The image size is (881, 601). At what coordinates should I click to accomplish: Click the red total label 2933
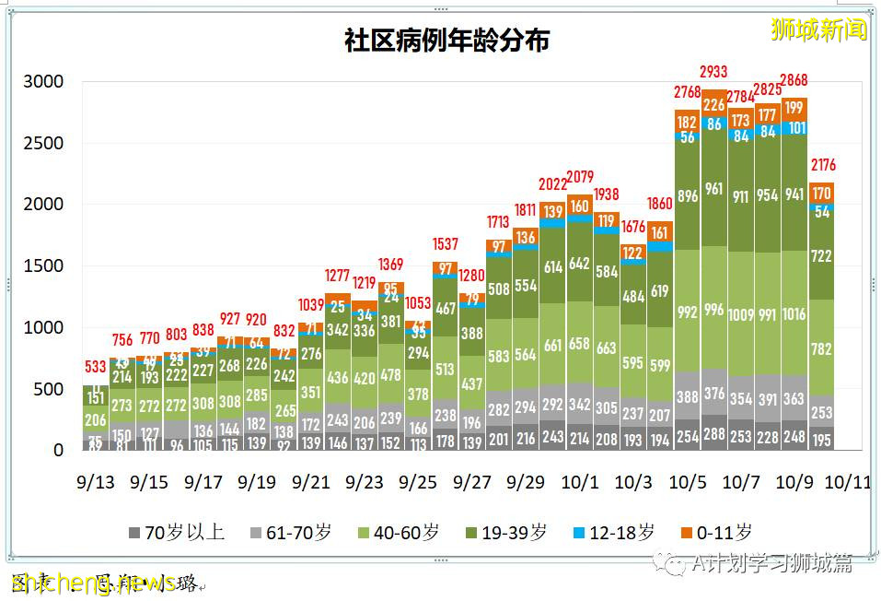coord(714,71)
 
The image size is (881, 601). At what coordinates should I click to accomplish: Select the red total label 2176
coord(822,165)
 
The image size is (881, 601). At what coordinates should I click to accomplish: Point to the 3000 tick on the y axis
coord(43,82)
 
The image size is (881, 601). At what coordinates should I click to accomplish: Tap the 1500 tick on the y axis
coord(43,266)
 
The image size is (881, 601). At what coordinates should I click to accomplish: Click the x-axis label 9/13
coord(95,482)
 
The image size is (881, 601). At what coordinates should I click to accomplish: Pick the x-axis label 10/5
coord(687,482)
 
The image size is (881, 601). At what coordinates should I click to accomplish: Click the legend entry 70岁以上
coord(184,533)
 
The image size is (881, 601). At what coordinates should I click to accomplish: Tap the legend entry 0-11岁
coord(719,533)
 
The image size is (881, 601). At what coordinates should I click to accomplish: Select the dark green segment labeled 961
coord(714,189)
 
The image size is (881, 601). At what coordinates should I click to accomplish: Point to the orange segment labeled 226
coord(714,104)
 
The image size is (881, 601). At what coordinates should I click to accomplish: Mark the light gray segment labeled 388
coord(688,396)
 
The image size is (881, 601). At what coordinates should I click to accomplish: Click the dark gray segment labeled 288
coord(714,432)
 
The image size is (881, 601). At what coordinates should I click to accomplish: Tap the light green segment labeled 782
coord(822,348)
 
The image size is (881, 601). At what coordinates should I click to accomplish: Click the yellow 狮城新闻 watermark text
coord(819,29)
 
